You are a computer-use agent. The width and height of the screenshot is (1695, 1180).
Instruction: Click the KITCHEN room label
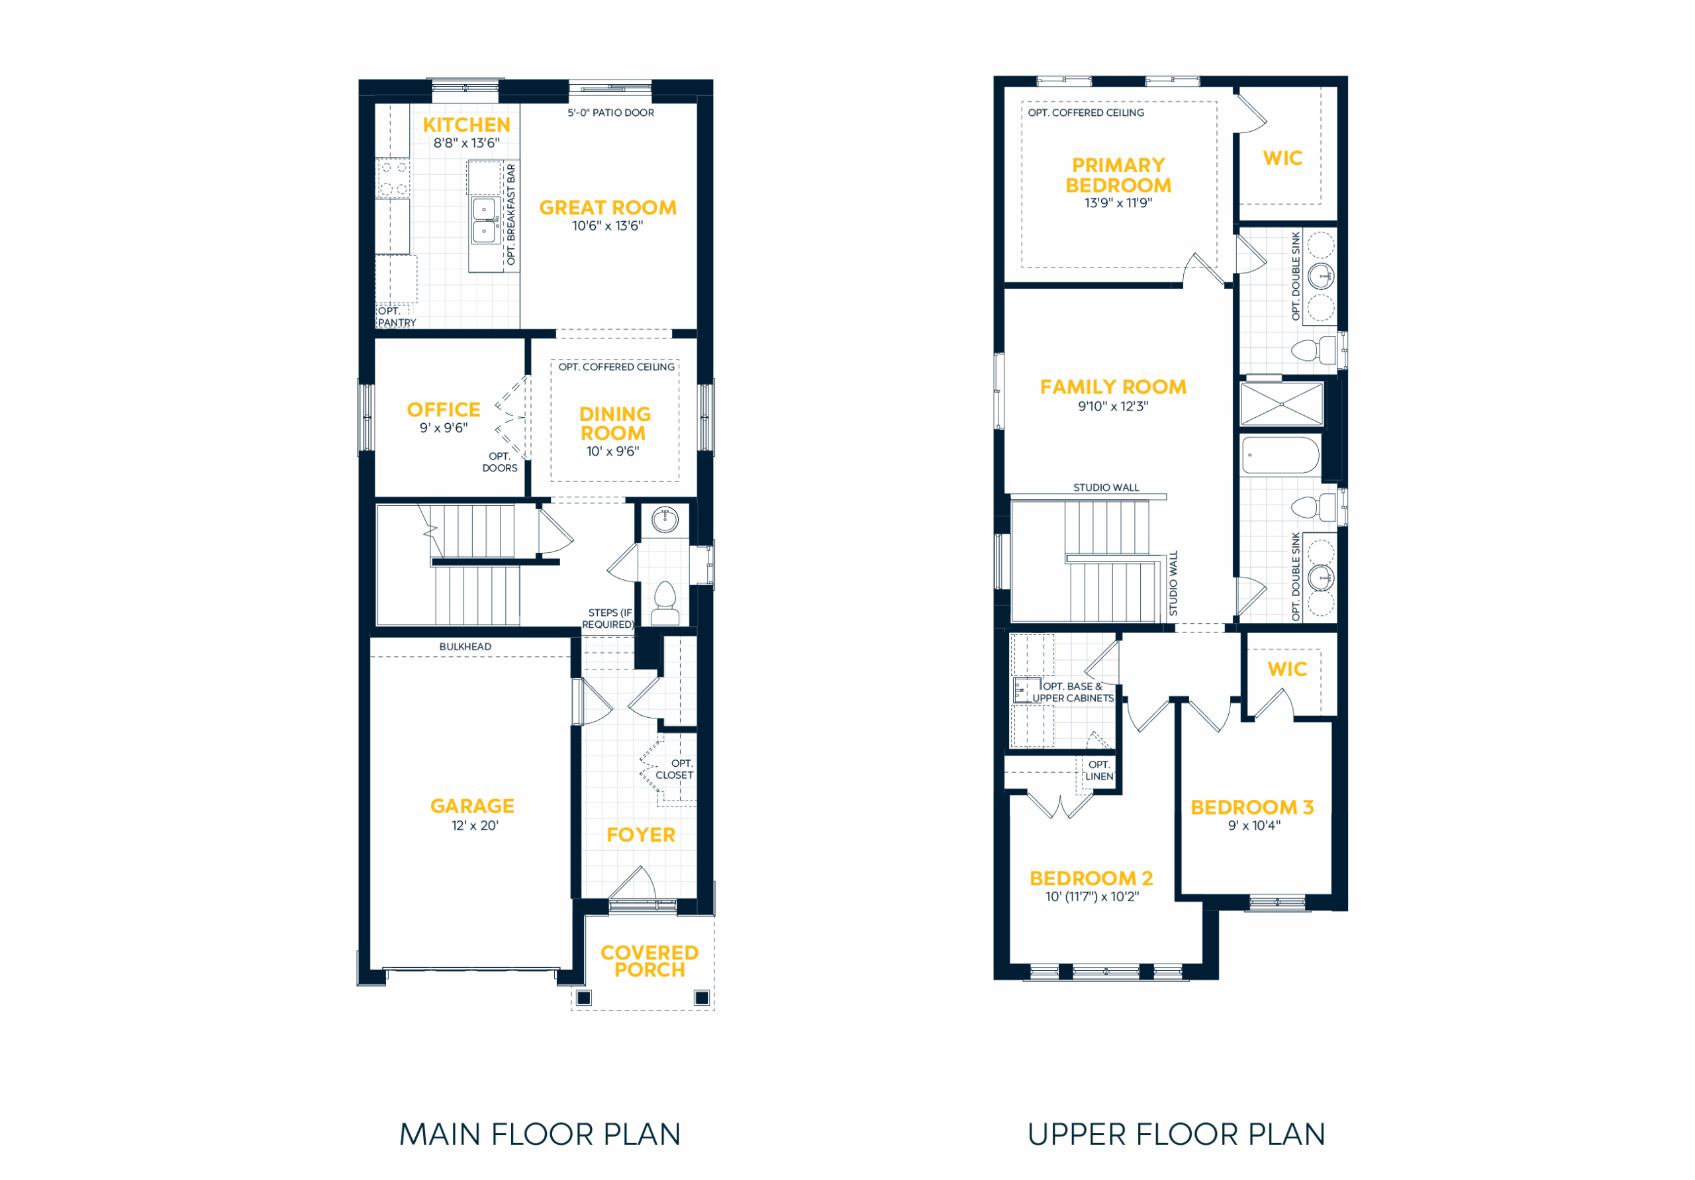click(x=466, y=124)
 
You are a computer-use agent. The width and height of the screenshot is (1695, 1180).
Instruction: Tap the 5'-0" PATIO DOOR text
click(x=610, y=113)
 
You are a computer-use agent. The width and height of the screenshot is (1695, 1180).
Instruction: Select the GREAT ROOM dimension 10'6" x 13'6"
click(x=608, y=226)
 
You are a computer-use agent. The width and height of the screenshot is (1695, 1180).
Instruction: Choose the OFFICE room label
click(x=444, y=410)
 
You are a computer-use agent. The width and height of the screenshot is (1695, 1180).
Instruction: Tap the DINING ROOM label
click(x=614, y=424)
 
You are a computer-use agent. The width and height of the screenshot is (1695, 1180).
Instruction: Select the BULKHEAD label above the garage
click(x=465, y=647)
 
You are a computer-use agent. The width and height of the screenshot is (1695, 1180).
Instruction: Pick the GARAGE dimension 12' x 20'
click(x=475, y=826)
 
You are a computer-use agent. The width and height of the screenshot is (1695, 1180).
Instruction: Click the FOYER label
click(x=641, y=835)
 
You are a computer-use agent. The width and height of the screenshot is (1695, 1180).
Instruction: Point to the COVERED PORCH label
click(x=650, y=961)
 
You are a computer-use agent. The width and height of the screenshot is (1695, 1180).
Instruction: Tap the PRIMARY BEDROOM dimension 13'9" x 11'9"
click(x=1118, y=203)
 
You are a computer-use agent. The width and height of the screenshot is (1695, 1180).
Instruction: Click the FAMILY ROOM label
click(x=1113, y=387)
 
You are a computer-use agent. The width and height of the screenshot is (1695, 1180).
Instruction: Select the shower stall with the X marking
click(x=1282, y=404)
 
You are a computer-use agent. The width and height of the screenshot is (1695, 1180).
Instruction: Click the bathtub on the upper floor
click(x=1281, y=456)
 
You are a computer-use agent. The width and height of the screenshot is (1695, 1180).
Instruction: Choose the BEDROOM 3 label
click(x=1252, y=808)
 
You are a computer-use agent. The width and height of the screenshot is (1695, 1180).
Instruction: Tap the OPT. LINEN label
click(x=1099, y=771)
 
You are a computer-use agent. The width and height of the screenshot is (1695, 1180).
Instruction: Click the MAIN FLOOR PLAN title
click(x=540, y=1135)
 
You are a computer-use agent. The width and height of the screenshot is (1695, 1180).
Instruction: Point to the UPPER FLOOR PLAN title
click(x=1176, y=1135)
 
